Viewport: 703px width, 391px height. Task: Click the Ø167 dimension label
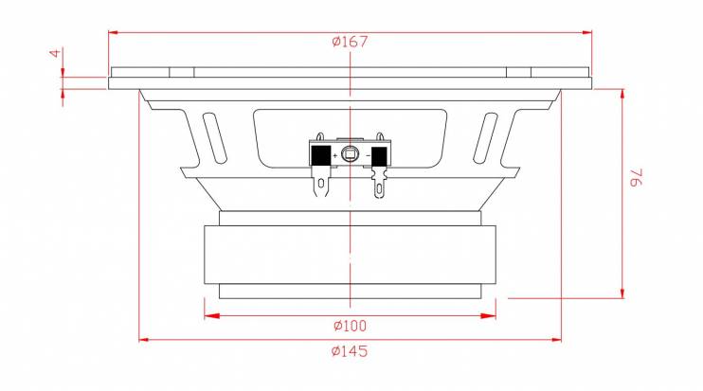pyautogui.click(x=350, y=42)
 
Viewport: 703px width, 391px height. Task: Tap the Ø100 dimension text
pyautogui.click(x=350, y=326)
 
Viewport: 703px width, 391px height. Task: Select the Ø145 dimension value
pyautogui.click(x=350, y=350)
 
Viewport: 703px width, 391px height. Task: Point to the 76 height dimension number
pyautogui.click(x=637, y=177)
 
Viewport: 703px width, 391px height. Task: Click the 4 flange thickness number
pyautogui.click(x=55, y=53)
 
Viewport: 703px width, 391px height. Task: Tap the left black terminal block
pyautogui.click(x=321, y=156)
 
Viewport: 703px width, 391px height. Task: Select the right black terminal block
pyautogui.click(x=379, y=157)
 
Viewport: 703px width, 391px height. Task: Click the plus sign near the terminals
pyautogui.click(x=335, y=156)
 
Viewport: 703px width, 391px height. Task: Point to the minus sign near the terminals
pyautogui.click(x=369, y=155)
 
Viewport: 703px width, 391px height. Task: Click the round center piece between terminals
pyautogui.click(x=350, y=154)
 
